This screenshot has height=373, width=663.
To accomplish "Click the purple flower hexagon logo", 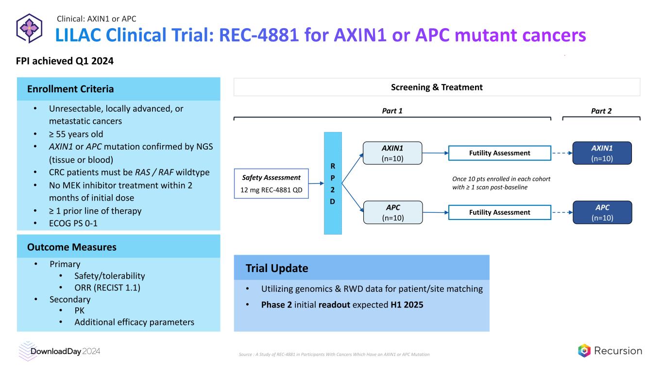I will tap(30, 28).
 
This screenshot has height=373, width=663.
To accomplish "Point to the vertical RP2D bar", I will tap(333, 183).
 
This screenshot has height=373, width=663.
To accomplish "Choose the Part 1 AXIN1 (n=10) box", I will tap(393, 153).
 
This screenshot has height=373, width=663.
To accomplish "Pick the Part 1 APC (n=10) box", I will tap(393, 212).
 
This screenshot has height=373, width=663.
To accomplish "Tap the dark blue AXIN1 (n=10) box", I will tap(602, 153).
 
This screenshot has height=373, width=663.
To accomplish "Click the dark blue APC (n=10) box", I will tap(602, 212).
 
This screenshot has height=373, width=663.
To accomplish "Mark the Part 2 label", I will tap(601, 111).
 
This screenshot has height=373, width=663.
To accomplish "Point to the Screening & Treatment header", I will tap(437, 87).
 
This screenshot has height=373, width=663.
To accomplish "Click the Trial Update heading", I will tap(277, 269).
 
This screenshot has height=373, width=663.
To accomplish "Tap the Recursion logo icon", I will tap(584, 351).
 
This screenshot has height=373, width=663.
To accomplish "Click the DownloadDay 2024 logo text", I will tap(65, 351).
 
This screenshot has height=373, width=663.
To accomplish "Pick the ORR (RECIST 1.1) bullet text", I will tap(107, 288).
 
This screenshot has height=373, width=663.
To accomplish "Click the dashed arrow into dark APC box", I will tap(561, 212).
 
